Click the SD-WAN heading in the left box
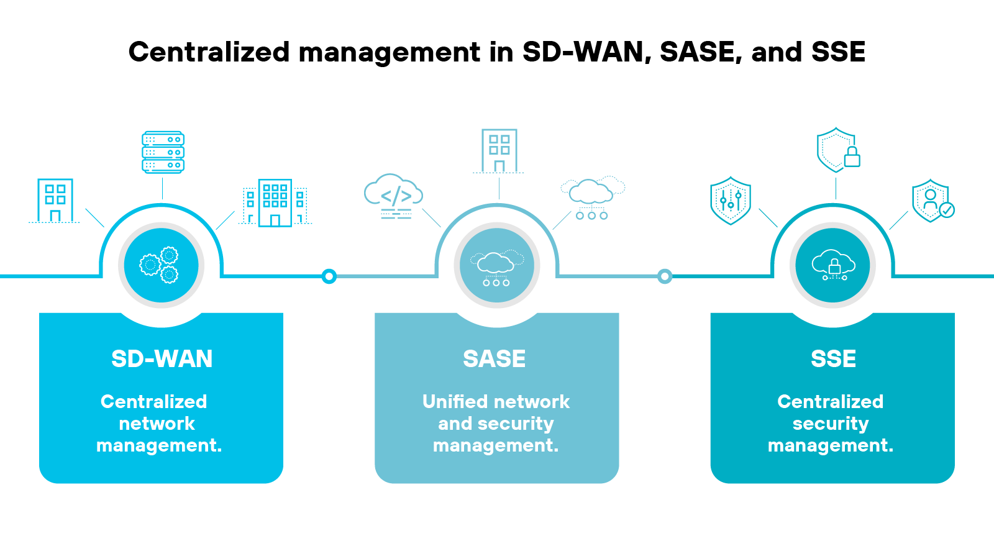tap(162, 359)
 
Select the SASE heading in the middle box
tap(495, 359)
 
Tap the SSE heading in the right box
tap(833, 359)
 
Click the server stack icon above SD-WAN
tap(163, 152)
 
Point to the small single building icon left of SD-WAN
tap(55, 201)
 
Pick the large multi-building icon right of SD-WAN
tap(275, 203)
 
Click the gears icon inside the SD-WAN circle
tap(160, 265)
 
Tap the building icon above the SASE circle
tap(499, 151)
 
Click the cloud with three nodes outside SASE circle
tap(592, 198)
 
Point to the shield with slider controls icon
tap(731, 200)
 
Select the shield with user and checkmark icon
tap(932, 201)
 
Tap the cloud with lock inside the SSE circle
tap(833, 265)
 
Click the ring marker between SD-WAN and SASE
tap(329, 276)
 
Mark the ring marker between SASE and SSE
tap(665, 276)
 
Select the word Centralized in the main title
tap(209, 52)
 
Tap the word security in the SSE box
tap(831, 424)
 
